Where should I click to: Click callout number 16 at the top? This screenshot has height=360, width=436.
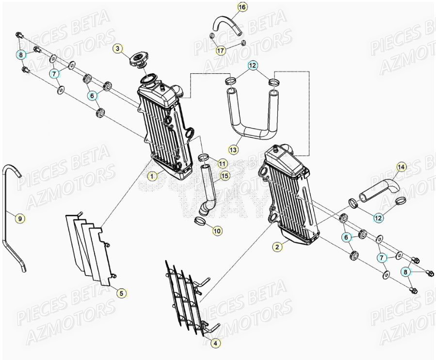pos(242,7)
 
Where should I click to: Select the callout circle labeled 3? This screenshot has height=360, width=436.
pos(118,48)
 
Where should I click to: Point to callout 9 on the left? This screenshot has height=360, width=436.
pos(20,219)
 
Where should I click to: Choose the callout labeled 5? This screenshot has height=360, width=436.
pos(122,293)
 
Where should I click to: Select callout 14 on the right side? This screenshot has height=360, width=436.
pos(401,167)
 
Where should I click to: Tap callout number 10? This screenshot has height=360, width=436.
pos(217,231)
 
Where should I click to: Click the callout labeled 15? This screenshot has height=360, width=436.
pos(225,175)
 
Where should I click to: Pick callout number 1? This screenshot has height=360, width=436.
pos(153,177)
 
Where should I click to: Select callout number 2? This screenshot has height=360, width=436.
pos(277,247)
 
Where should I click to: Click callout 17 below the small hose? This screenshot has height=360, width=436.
pos(221,50)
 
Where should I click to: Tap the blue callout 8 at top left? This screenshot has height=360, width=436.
pos(21,55)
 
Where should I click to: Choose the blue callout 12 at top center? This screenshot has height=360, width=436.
pos(253,65)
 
